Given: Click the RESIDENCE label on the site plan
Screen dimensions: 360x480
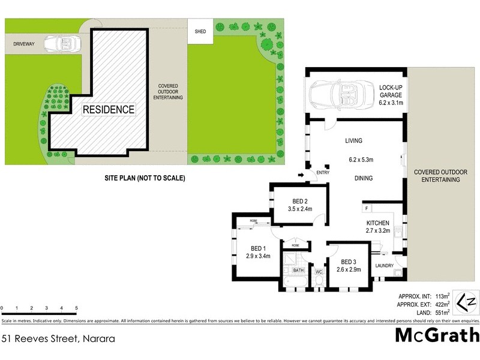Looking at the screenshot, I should tap(109, 110).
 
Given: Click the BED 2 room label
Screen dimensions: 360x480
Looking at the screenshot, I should tap(299, 201).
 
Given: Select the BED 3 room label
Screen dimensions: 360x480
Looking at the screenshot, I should tap(349, 262).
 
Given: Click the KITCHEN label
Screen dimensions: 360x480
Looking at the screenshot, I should tap(379, 223).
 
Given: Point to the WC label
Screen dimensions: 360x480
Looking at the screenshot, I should tap(319, 271).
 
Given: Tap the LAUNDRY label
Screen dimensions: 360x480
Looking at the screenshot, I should tap(383, 265).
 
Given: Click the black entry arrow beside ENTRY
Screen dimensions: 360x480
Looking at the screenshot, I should tap(301, 175).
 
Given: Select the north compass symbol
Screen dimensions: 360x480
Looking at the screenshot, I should tap(466, 302).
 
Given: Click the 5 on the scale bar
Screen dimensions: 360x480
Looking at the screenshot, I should tap(76, 308).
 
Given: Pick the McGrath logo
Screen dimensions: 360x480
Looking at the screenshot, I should tap(437, 335).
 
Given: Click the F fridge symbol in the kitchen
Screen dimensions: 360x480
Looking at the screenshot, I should tap(366, 208).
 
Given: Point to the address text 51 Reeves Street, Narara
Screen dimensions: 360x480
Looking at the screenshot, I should tap(58, 338).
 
